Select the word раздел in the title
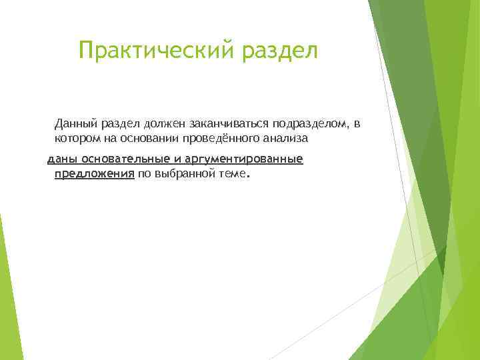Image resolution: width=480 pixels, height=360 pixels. point(281,50)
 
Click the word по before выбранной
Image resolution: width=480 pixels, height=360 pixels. point(144,174)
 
